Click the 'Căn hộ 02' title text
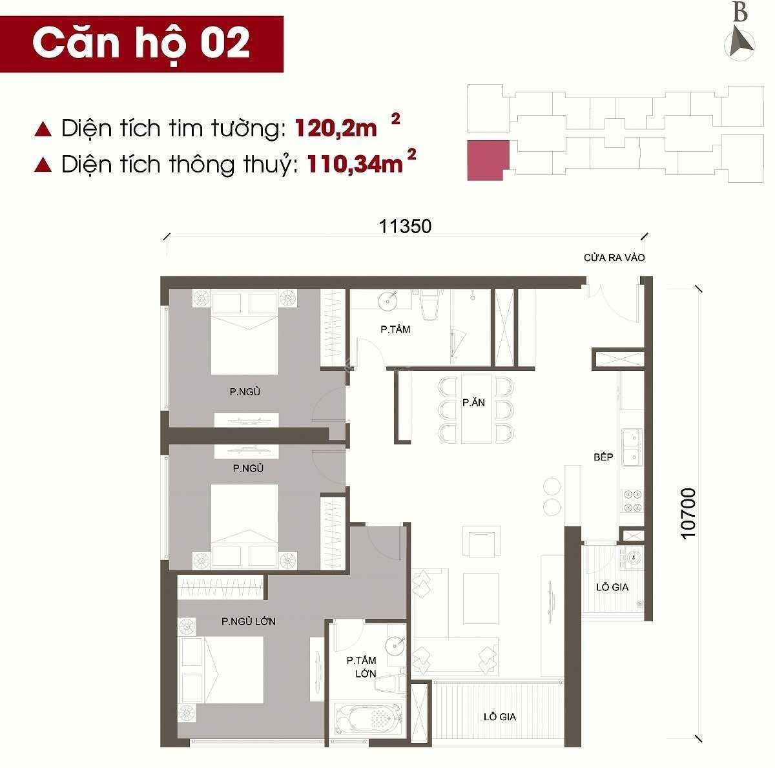coord(141,43)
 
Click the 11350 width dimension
coord(405,226)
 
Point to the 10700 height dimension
coord(688,514)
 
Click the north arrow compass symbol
coord(740,45)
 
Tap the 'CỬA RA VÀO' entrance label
coord(614,258)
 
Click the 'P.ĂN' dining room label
coord(473,402)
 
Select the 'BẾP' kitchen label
coord(603,457)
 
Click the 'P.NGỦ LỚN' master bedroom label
coord(249,621)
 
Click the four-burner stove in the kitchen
coord(633,501)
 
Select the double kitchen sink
coord(632,448)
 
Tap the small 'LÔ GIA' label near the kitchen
coord(612,587)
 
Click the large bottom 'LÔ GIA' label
coord(499,716)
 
